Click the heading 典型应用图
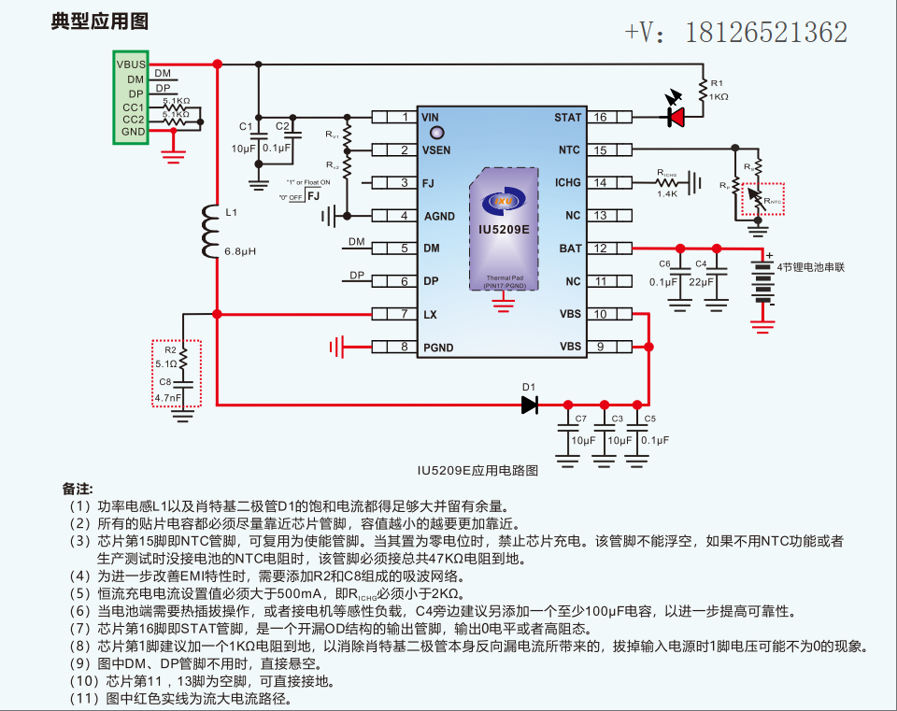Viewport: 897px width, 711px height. [100, 21]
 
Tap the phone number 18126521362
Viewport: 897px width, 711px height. [766, 33]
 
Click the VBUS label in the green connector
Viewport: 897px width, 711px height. [131, 64]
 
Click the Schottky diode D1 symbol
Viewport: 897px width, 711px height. [530, 405]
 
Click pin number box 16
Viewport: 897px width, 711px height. [601, 117]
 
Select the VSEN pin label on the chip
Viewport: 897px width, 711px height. [436, 150]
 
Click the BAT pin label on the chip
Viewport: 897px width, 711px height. [570, 249]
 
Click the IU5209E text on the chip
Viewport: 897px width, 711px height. [504, 228]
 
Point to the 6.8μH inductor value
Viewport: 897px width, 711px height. [240, 252]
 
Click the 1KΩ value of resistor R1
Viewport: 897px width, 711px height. [719, 97]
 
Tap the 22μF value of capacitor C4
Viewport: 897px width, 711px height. [702, 280]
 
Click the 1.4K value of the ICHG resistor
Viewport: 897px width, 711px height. [667, 192]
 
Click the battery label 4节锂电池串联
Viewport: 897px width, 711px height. [810, 266]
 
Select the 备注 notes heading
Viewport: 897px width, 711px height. [78, 489]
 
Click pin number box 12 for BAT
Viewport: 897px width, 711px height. [601, 249]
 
